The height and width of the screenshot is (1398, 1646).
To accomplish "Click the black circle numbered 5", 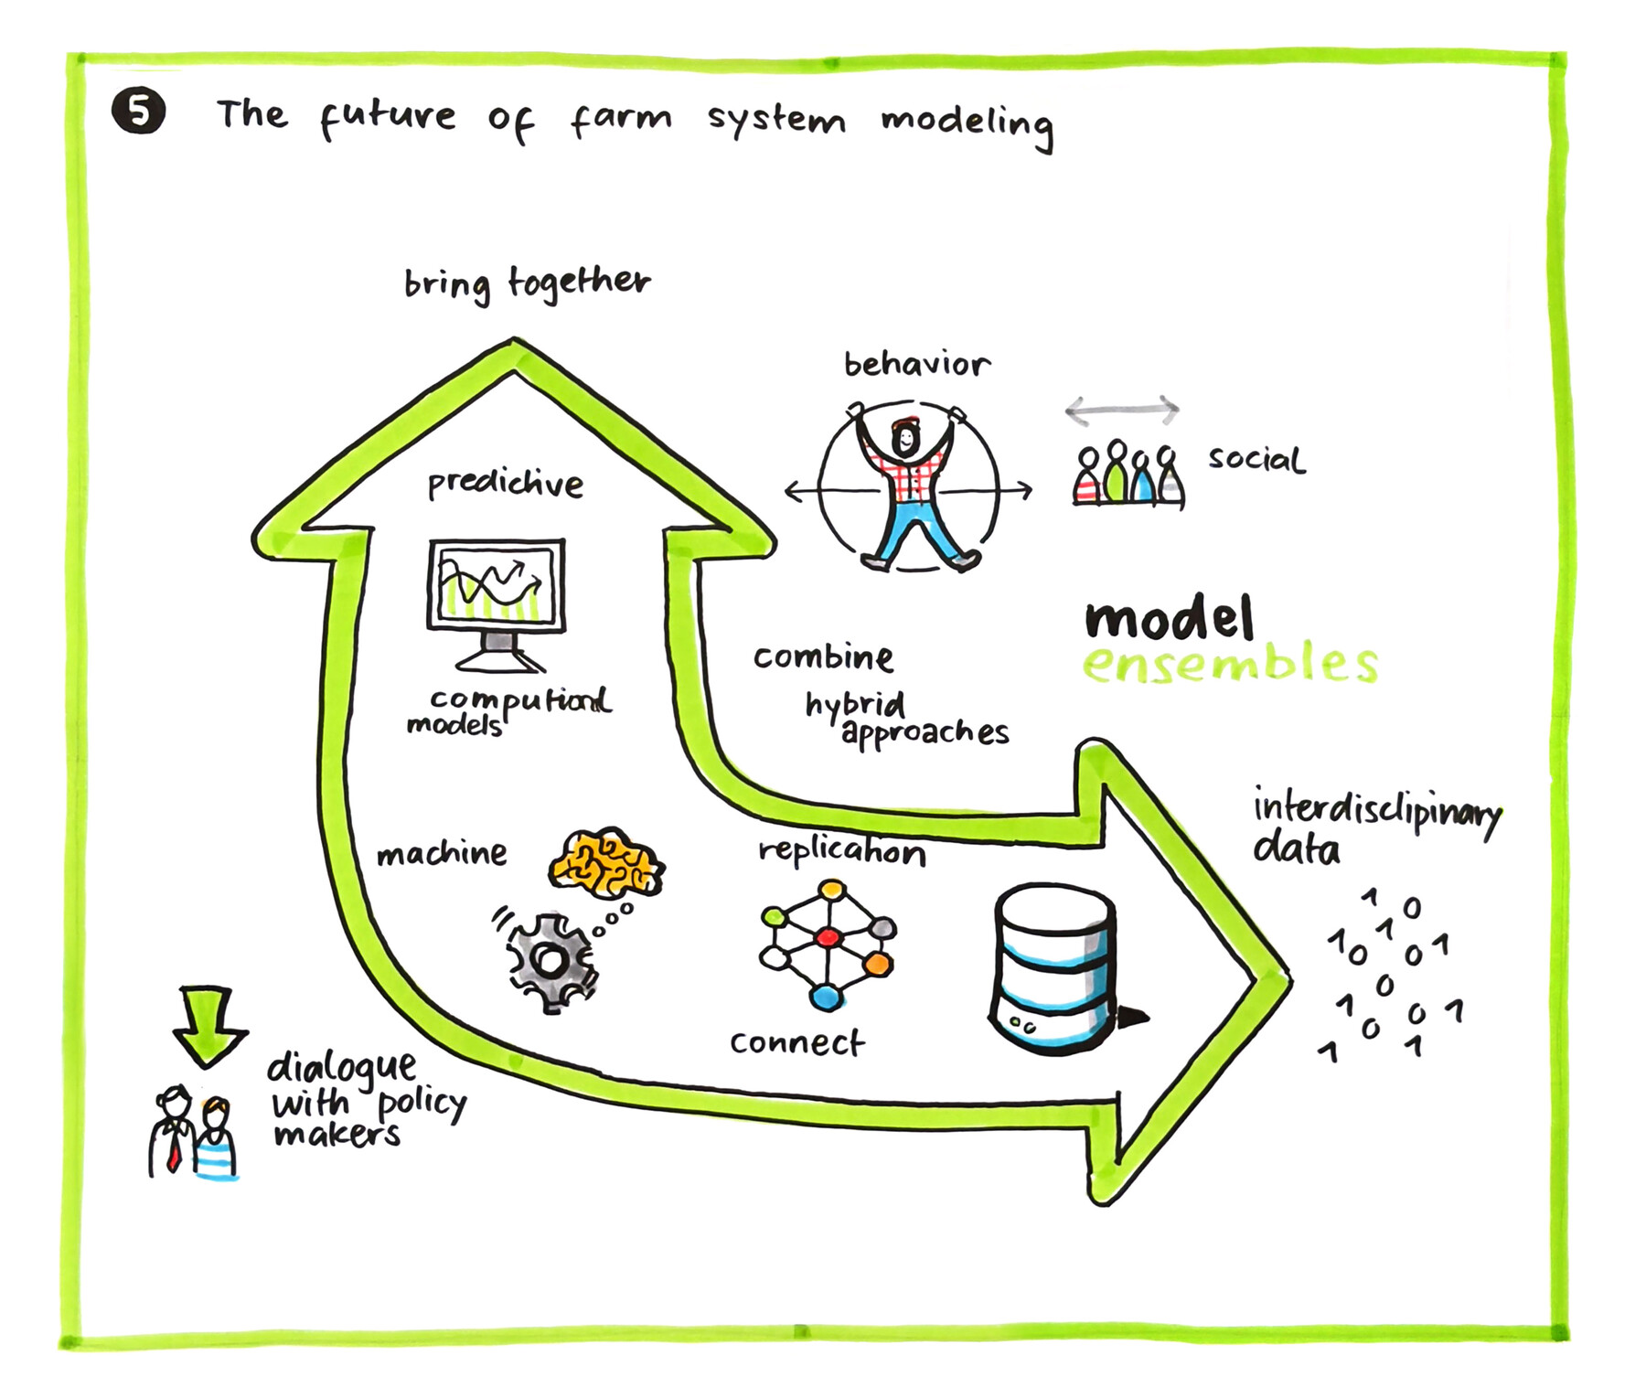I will tap(138, 112).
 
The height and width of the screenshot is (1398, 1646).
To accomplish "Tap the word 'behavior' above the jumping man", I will tap(915, 364).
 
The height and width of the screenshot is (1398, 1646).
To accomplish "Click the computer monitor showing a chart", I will tap(497, 585).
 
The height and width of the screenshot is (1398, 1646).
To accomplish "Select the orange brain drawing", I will tap(606, 861).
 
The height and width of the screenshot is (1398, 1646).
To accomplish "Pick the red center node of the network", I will tap(828, 937).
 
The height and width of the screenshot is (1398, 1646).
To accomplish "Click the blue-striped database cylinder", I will tap(1054, 966).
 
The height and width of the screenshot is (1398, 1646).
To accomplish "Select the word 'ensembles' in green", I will tap(1229, 663).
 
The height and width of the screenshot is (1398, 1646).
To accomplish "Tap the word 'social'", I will tap(1256, 458).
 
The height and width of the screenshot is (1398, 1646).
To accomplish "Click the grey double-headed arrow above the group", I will tap(1122, 410).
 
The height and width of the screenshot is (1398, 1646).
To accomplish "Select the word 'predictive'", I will tap(505, 484).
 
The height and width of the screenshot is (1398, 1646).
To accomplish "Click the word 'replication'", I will tap(841, 851).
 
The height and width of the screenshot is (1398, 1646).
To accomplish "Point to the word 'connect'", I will tap(796, 1041).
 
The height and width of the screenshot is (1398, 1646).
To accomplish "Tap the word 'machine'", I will tap(442, 853).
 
